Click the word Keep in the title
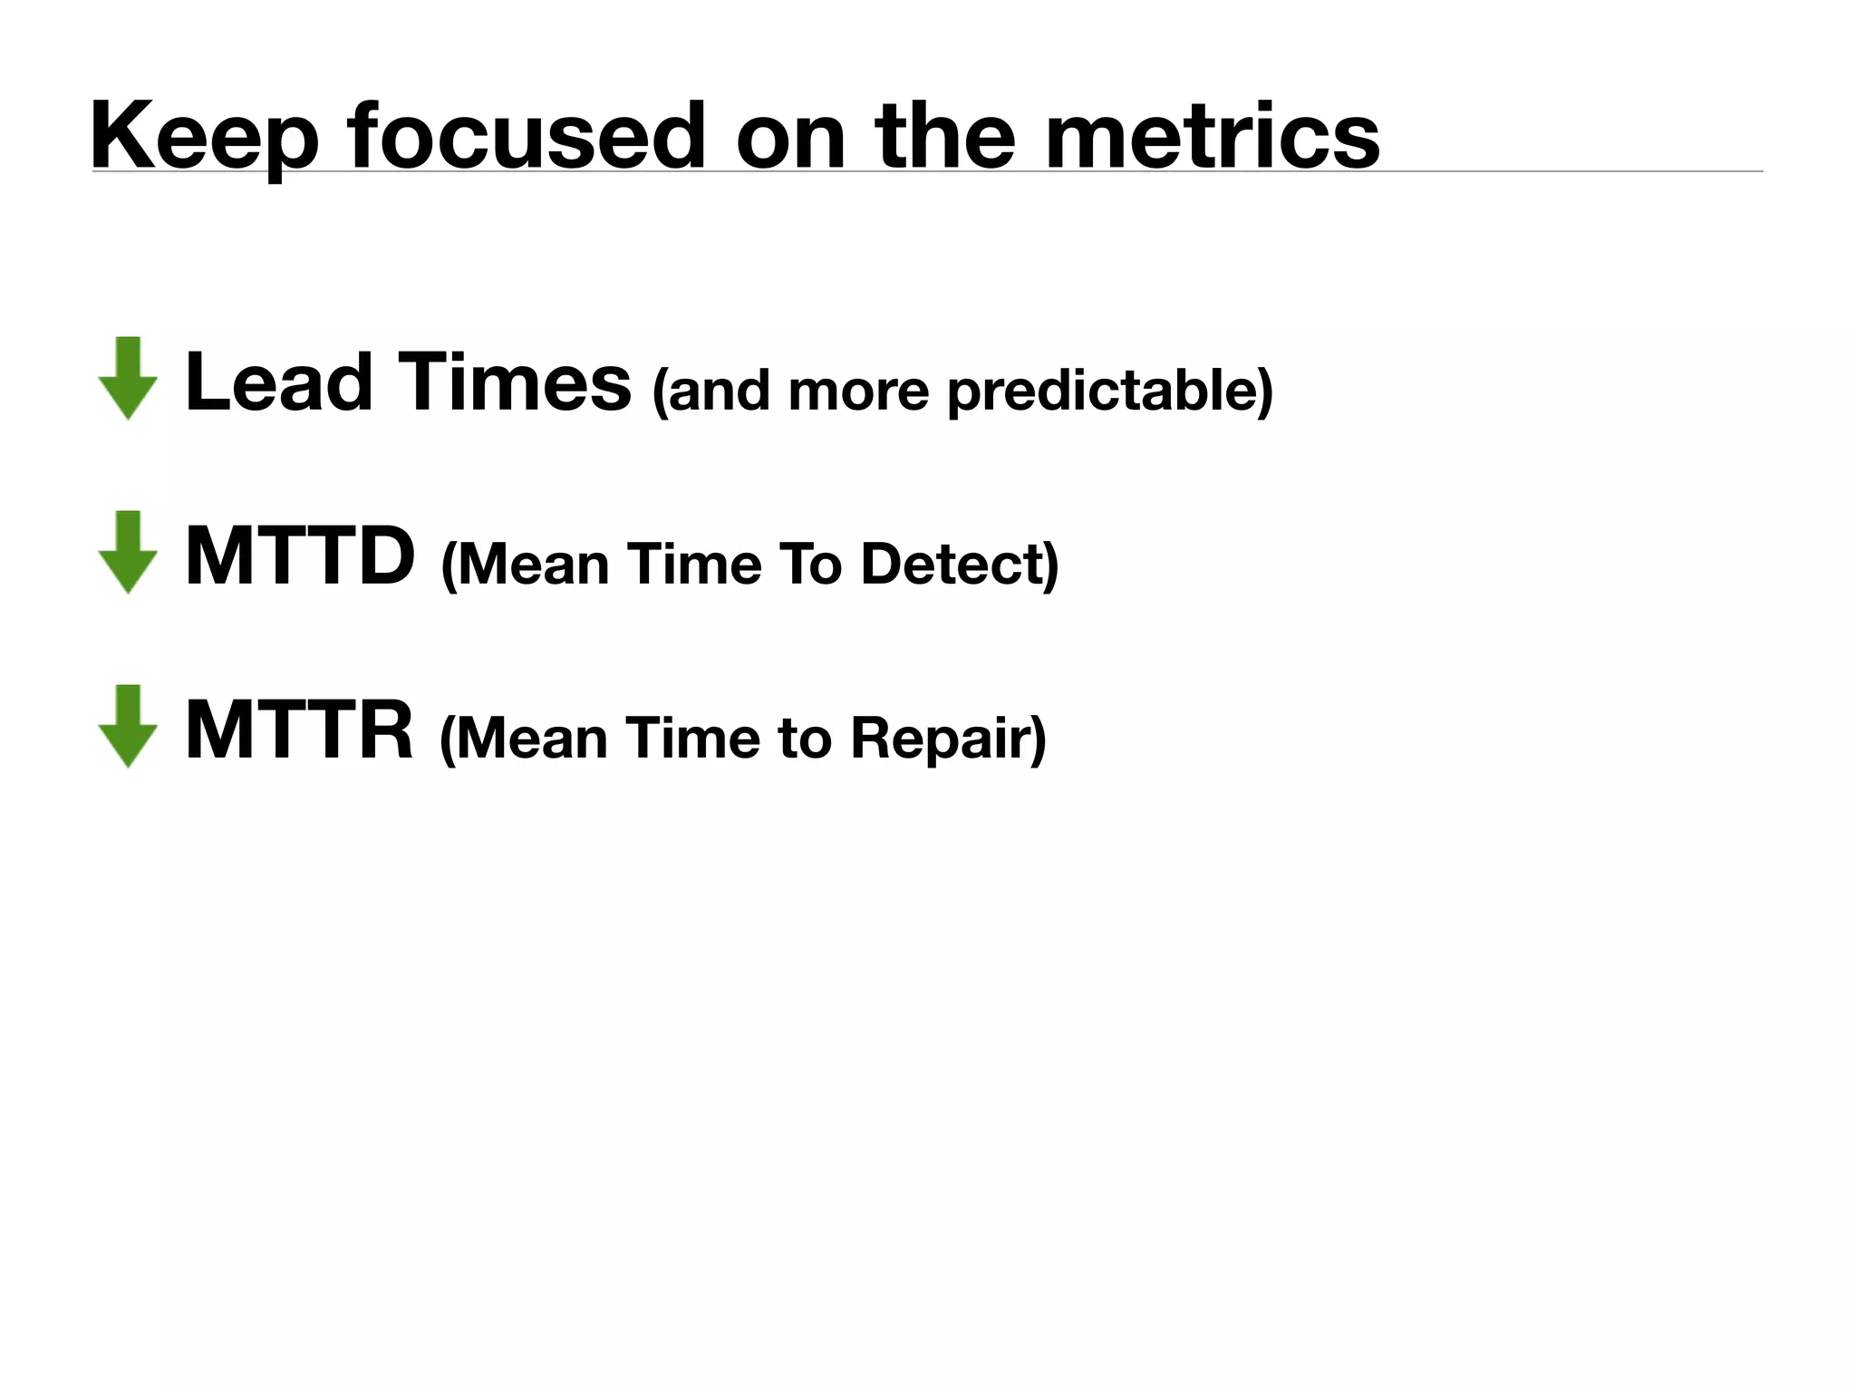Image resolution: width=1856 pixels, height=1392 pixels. click(204, 136)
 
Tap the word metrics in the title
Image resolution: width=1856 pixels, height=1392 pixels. click(1212, 136)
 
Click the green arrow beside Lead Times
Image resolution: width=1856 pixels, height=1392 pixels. click(129, 378)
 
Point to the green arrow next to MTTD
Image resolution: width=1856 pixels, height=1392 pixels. click(129, 552)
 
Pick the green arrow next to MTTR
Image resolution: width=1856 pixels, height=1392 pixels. click(129, 726)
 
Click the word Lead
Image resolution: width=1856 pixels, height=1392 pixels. click(278, 382)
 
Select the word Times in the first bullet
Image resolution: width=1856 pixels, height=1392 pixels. click(514, 382)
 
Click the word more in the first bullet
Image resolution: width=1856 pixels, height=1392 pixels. click(858, 391)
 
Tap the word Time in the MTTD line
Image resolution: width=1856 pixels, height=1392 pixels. click(693, 564)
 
